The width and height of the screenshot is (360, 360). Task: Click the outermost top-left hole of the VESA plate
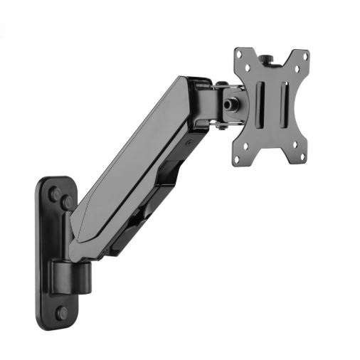click(240, 55)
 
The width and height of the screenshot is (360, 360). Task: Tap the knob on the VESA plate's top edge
click(271, 53)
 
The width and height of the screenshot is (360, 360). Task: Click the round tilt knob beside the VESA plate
click(230, 102)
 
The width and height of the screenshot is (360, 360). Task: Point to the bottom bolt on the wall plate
click(63, 312)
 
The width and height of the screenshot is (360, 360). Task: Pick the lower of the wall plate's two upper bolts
click(66, 203)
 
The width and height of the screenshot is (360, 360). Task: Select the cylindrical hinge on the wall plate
click(70, 273)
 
